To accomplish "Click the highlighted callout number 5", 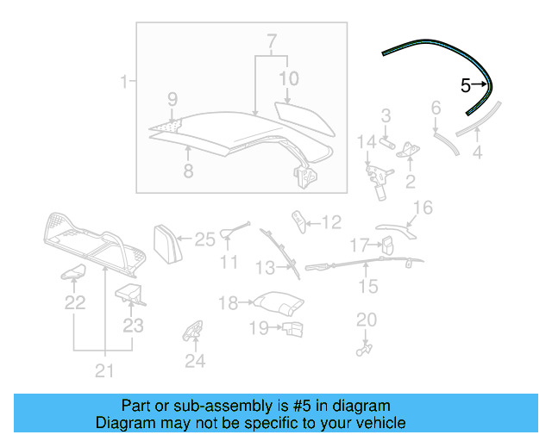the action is pyautogui.click(x=466, y=85).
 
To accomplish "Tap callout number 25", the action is pyautogui.click(x=204, y=239).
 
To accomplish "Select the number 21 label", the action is pyautogui.click(x=104, y=371).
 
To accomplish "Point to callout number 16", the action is pyautogui.click(x=423, y=208).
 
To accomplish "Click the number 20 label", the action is pyautogui.click(x=367, y=320).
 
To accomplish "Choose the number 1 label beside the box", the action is pyautogui.click(x=123, y=83).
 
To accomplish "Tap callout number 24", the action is pyautogui.click(x=196, y=362).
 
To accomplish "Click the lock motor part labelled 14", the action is pyautogui.click(x=376, y=174).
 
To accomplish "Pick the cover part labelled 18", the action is pyautogui.click(x=278, y=303).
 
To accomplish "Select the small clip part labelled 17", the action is pyautogui.click(x=387, y=246).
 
